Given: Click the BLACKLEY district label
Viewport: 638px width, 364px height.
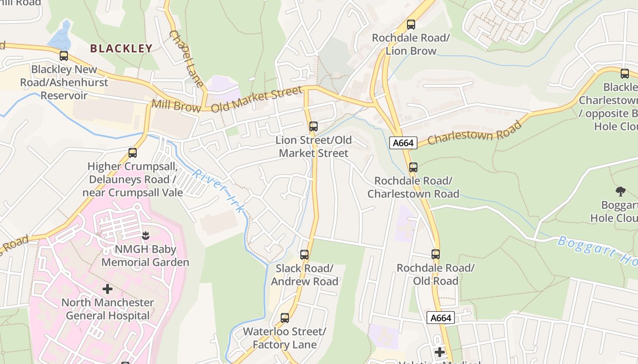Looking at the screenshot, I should [x=121, y=49].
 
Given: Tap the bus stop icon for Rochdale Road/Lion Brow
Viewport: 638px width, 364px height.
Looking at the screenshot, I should [x=411, y=25].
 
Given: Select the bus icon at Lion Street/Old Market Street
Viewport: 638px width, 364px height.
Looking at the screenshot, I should [x=313, y=126].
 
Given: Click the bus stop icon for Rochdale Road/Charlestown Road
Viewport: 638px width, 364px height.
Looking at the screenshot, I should [x=413, y=167].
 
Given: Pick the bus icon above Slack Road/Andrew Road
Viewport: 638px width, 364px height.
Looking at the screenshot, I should [x=304, y=255].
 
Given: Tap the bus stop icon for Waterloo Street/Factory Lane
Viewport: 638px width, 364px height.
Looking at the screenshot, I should [x=285, y=318].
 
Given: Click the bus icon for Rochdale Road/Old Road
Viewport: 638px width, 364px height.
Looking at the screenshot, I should [x=436, y=254].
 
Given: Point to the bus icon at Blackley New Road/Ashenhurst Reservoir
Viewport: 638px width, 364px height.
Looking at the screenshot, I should [x=64, y=56].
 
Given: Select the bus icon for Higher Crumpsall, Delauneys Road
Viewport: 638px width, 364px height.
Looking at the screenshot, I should [x=133, y=153].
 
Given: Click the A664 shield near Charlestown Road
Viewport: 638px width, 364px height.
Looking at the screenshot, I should [x=403, y=143].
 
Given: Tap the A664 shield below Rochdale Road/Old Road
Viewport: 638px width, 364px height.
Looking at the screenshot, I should [x=441, y=318].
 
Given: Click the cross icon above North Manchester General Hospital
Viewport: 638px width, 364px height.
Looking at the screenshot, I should [x=108, y=289].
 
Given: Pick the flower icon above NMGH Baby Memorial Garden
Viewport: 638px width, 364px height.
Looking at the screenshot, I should [x=145, y=236].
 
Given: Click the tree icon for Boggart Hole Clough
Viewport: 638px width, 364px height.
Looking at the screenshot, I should [x=620, y=192].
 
